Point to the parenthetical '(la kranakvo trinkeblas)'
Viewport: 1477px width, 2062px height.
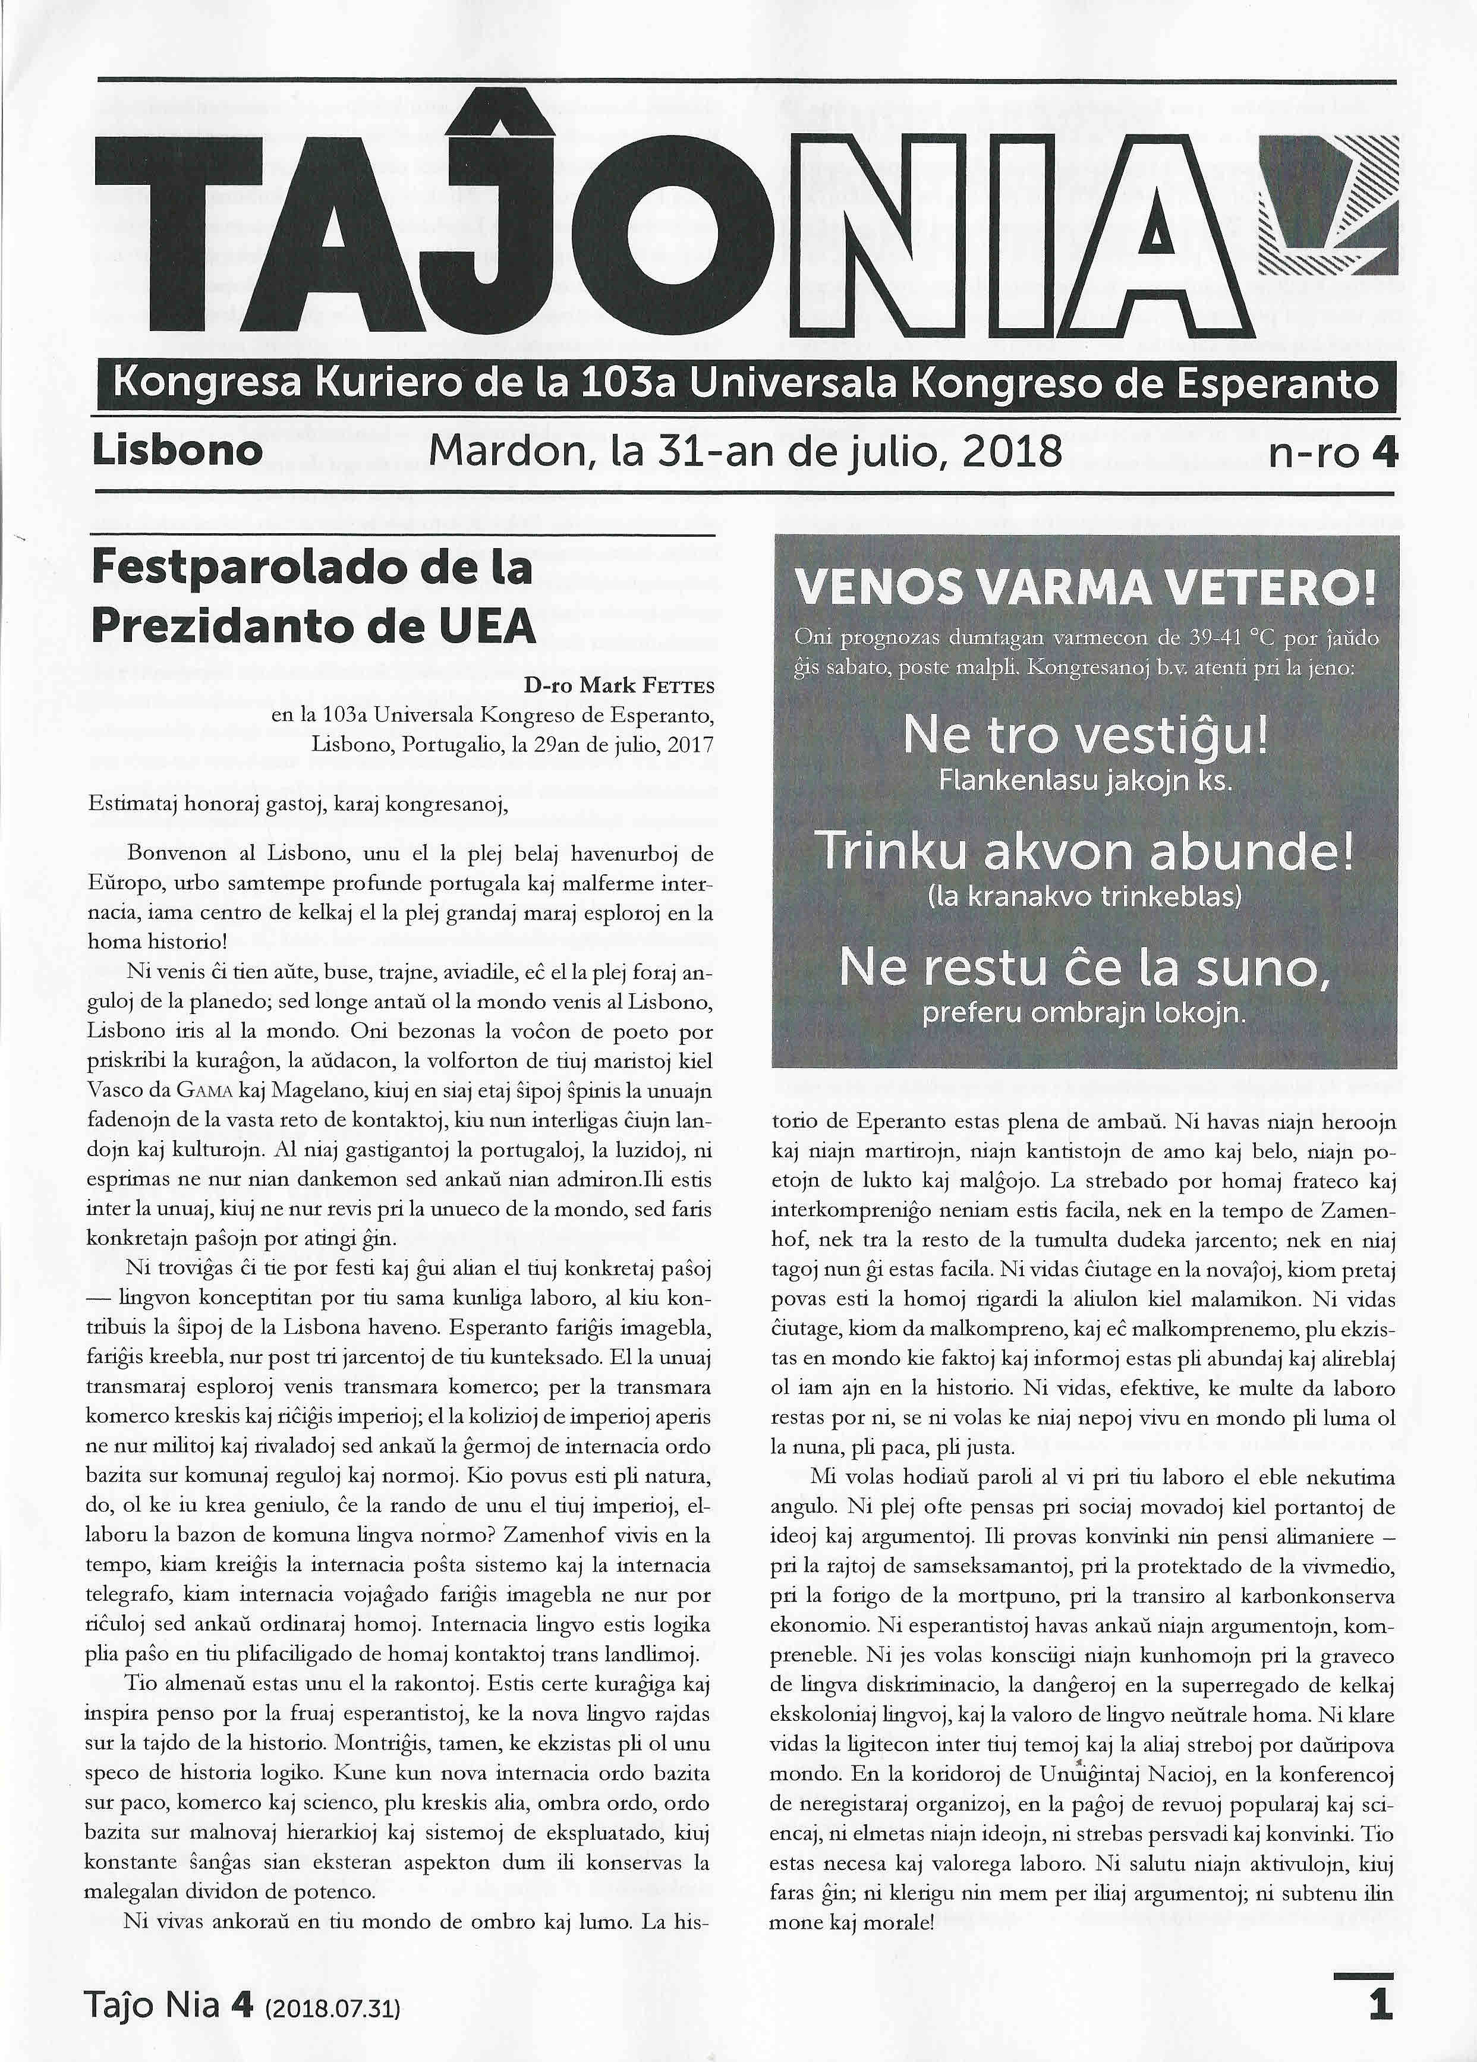click(x=1084, y=896)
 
